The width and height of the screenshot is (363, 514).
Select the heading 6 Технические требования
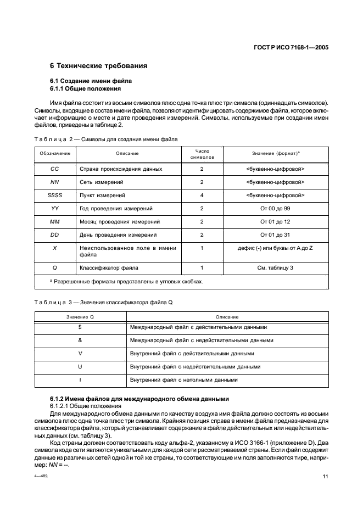click(x=99, y=66)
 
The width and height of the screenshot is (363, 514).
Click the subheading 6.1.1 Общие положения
click(x=85, y=88)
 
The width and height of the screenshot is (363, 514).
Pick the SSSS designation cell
click(x=54, y=195)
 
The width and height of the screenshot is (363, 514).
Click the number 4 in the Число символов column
click(x=202, y=195)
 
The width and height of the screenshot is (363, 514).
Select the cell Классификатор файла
click(x=109, y=267)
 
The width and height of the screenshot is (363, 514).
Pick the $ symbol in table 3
click(x=80, y=327)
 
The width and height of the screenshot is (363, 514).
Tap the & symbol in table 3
click(x=80, y=340)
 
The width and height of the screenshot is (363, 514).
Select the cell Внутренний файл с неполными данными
click(x=183, y=379)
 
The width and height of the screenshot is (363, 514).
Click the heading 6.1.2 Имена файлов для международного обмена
click(x=139, y=398)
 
